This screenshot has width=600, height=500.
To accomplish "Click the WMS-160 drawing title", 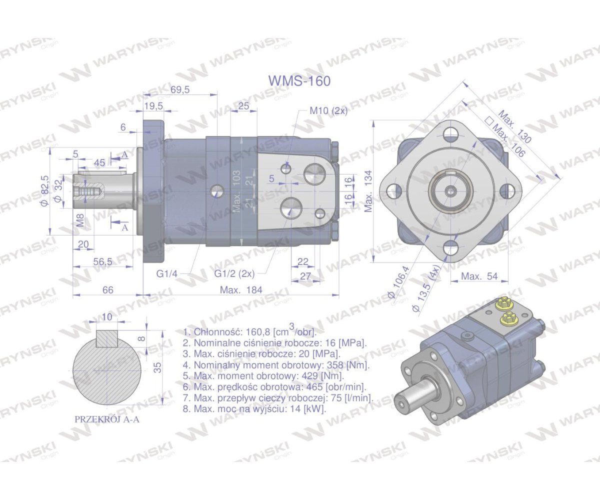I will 299,81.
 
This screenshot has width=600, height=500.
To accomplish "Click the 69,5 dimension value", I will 180,89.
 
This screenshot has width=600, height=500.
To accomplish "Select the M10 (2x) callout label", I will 328,111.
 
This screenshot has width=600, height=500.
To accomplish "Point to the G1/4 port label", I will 166,274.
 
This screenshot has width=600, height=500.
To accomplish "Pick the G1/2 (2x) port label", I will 234,274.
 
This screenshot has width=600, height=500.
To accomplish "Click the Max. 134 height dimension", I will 368,191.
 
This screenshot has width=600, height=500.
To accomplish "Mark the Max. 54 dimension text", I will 479,276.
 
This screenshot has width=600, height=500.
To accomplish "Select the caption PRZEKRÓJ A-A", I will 107,419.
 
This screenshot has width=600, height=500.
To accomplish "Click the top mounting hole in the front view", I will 451,133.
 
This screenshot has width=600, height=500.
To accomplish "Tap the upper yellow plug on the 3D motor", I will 505,302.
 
